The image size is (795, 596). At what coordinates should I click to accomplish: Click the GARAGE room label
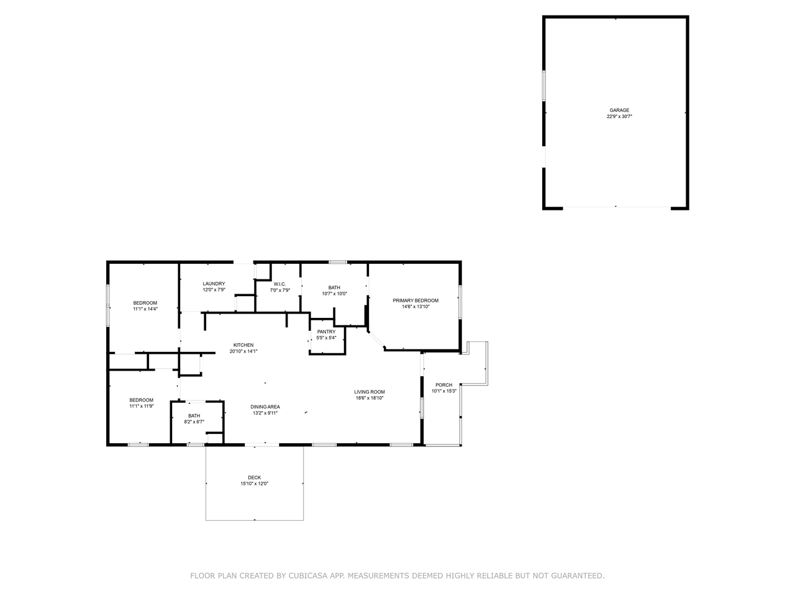tap(619, 111)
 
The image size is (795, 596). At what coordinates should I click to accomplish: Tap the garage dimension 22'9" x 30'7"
tap(619, 117)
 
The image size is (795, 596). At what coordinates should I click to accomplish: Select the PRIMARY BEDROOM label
tap(416, 300)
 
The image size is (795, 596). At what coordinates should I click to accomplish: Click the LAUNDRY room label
tap(214, 284)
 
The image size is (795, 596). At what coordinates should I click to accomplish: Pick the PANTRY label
tap(326, 332)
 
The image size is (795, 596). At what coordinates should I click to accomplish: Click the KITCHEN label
tap(243, 345)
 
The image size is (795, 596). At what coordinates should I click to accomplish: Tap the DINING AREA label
tap(265, 407)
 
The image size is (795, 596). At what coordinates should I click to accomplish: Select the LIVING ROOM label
tap(370, 392)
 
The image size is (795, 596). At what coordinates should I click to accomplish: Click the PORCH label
tap(443, 385)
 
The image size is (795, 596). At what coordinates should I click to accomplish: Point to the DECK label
tap(254, 477)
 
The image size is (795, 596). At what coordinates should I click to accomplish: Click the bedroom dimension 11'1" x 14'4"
tap(145, 309)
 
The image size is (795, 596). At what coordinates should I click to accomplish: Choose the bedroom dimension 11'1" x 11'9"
tap(141, 406)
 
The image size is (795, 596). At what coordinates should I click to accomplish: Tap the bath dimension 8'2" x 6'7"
tap(194, 422)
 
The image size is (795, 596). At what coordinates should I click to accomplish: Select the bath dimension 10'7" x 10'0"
tap(334, 294)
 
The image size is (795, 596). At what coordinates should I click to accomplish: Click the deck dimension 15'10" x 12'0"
tap(254, 484)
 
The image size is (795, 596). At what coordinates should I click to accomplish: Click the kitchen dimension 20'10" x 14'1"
tap(243, 351)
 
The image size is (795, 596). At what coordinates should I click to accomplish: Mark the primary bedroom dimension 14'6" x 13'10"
tap(416, 307)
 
